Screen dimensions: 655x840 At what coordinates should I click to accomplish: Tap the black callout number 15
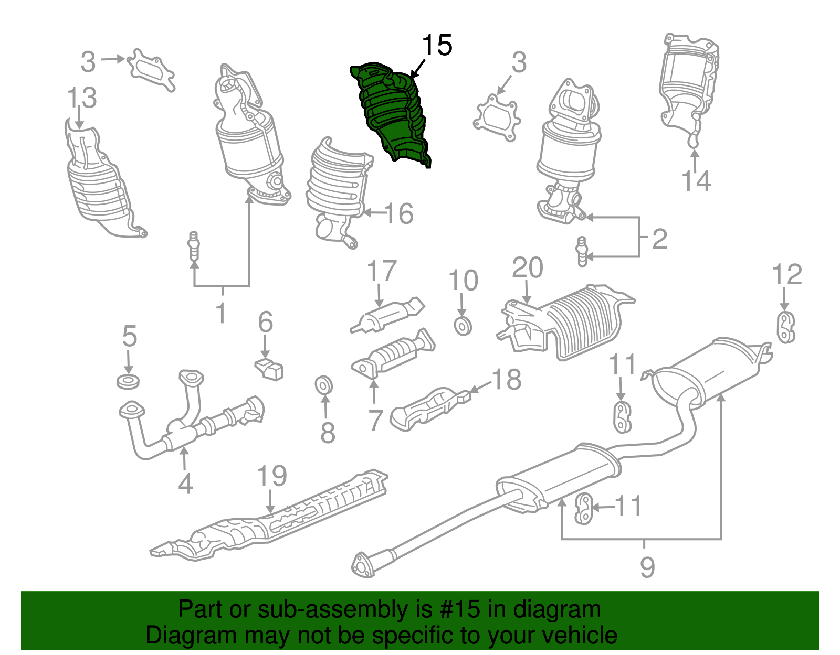point(437,46)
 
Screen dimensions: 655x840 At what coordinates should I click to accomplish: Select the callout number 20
point(527,268)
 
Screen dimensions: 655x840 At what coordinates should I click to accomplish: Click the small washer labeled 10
point(463,326)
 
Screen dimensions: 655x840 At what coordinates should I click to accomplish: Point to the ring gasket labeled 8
point(324,385)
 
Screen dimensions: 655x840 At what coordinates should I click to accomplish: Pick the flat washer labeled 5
point(128,381)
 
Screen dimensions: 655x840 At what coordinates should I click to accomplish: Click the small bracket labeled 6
point(270,368)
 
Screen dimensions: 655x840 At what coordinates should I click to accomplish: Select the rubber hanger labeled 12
point(785,328)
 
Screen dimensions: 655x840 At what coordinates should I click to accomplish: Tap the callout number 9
point(647,567)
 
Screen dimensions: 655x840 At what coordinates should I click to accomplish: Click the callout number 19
point(272,476)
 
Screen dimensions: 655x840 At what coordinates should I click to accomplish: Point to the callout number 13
point(82,98)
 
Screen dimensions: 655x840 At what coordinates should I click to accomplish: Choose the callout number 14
point(696,181)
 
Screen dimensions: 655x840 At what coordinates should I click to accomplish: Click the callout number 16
point(399,213)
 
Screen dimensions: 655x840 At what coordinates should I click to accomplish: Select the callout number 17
point(381,271)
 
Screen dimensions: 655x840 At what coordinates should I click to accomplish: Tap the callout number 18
point(507,380)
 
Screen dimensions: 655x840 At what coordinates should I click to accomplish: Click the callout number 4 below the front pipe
point(185,484)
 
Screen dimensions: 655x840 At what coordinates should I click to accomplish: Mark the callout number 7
point(375,421)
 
